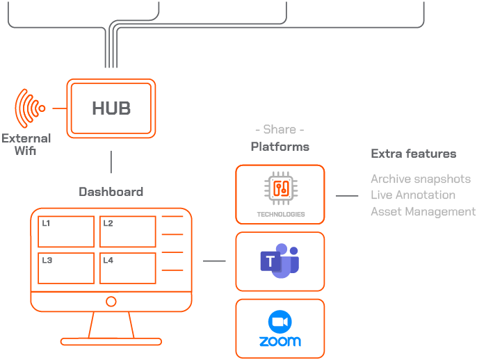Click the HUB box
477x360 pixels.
tap(111, 108)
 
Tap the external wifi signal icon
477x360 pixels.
tap(30, 108)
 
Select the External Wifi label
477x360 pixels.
tap(26, 144)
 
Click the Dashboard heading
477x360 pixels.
tap(111, 192)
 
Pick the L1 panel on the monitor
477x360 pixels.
tap(66, 231)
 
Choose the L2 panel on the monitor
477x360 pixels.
tap(127, 231)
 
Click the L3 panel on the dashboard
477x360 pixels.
tap(66, 268)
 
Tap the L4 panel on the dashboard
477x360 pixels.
tap(127, 268)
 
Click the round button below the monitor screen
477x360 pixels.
tap(111, 301)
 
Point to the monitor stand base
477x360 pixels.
tap(111, 341)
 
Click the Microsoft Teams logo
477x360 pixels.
tap(280, 261)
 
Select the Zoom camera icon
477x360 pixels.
tap(280, 321)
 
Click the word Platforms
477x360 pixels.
tap(280, 147)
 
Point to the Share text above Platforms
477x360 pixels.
tap(280, 130)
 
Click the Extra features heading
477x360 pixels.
tap(413, 154)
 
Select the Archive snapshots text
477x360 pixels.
tap(420, 179)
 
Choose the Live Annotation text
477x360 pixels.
tap(413, 195)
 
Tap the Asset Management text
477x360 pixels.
tap(423, 211)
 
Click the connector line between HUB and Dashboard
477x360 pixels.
tap(111, 163)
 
